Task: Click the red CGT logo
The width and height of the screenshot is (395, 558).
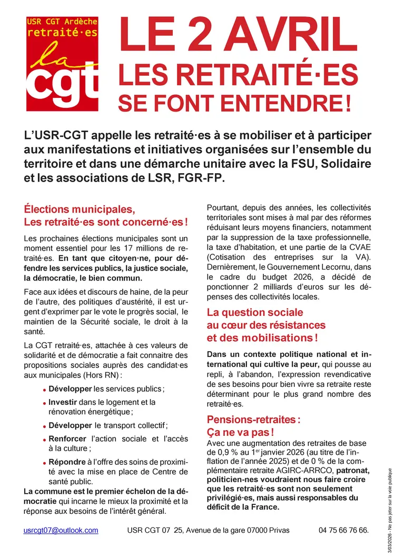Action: coord(62,63)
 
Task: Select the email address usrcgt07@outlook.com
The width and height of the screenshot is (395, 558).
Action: coord(61,530)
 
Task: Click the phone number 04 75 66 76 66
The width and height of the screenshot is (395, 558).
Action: coord(343,530)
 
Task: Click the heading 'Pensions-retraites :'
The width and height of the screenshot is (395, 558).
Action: coord(253,420)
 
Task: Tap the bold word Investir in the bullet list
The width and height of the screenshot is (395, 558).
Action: coord(63,402)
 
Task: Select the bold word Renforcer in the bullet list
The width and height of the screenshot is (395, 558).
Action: coord(67,439)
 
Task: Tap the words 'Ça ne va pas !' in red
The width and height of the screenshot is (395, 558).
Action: coord(240,432)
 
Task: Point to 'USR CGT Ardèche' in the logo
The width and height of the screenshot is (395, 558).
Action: coord(62,22)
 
